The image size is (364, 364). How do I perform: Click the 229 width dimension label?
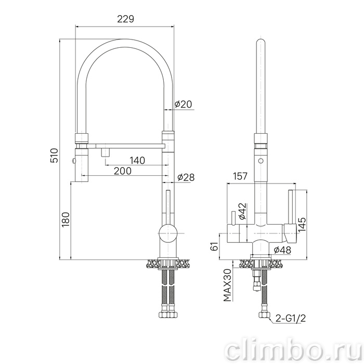click(x=125, y=19)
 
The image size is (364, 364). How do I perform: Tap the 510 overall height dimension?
click(x=54, y=155)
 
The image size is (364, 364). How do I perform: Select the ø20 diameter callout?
click(x=184, y=104)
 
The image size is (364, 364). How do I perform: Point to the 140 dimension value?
click(x=137, y=160)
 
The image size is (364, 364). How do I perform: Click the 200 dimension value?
click(x=123, y=171)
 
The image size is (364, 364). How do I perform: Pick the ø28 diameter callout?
click(x=186, y=177)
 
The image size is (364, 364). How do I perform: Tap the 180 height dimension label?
click(x=66, y=219)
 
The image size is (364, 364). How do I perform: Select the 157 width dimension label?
click(x=240, y=176)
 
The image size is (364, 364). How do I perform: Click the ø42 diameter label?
click(x=242, y=211)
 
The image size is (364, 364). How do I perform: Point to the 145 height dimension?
click(x=302, y=225)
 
